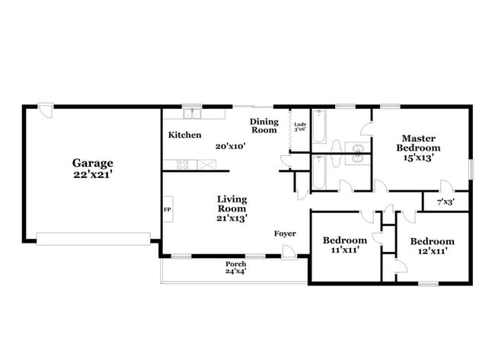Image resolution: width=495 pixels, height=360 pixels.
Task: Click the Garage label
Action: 93,162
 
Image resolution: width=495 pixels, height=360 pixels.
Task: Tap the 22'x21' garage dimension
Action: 93,174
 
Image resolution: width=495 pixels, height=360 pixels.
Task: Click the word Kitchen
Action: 184,135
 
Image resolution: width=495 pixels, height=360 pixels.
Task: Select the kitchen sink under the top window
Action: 192,115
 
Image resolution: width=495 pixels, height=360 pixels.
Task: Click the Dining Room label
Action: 264,126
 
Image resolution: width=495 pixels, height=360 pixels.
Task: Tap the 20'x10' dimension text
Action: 230,145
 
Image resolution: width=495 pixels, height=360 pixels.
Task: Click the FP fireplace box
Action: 167,209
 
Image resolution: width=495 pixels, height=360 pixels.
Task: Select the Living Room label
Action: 232,202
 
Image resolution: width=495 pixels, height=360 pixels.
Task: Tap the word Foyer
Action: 285,234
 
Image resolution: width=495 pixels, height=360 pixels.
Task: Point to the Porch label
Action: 235,264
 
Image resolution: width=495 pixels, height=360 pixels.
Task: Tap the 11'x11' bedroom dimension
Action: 346,248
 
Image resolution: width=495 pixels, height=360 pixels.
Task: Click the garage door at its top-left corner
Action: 47,111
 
